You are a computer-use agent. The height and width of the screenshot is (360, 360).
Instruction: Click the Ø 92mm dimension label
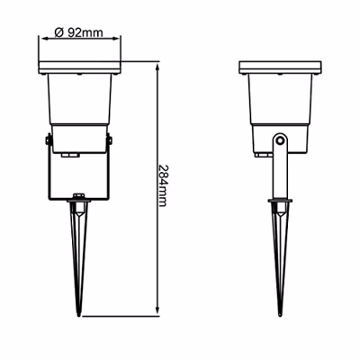79,31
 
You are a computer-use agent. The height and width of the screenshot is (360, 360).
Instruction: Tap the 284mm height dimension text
162,185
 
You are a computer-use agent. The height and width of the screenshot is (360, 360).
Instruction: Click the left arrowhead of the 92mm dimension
44,39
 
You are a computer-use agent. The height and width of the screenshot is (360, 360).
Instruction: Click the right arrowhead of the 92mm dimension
116,39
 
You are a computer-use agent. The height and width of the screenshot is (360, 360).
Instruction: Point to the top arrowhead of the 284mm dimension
157,67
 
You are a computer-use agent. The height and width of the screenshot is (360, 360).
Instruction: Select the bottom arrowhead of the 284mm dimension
157,311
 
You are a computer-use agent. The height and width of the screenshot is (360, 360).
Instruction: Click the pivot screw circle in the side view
280,140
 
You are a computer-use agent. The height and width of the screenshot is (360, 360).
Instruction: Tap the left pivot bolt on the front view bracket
48,140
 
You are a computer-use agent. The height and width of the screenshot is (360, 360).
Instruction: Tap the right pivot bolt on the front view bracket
110,140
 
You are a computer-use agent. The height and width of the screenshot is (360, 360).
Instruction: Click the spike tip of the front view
78,316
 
